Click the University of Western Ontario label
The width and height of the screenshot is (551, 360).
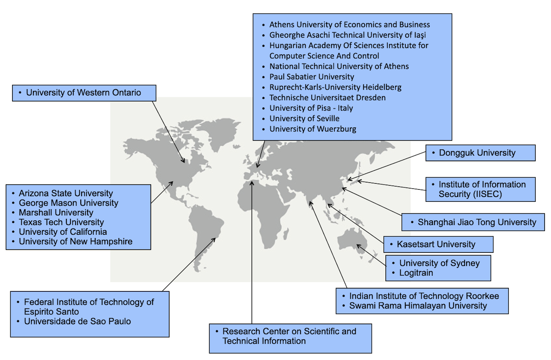pyautogui.click(x=83, y=93)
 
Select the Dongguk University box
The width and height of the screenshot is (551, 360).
pyautogui.click(x=480, y=153)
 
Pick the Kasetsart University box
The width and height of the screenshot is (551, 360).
pyautogui.click(x=438, y=244)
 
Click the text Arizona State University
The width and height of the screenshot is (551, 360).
pyautogui.click(x=66, y=193)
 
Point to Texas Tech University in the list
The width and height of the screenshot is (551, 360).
pyautogui.click(x=61, y=222)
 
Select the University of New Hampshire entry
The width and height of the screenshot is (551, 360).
pyautogui.click(x=76, y=241)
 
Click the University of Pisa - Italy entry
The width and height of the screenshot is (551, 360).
pyautogui.click(x=311, y=108)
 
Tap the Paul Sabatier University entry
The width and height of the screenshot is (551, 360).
pyautogui.click(x=312, y=77)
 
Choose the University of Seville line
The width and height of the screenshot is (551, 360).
pyautogui.click(x=304, y=118)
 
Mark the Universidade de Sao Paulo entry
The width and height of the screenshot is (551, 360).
pyautogui.click(x=77, y=321)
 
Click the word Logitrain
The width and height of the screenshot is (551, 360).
pyautogui.click(x=416, y=273)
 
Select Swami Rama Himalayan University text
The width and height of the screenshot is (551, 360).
pyautogui.click(x=418, y=305)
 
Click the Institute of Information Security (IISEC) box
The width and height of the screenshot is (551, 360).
pyautogui.click(x=480, y=189)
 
